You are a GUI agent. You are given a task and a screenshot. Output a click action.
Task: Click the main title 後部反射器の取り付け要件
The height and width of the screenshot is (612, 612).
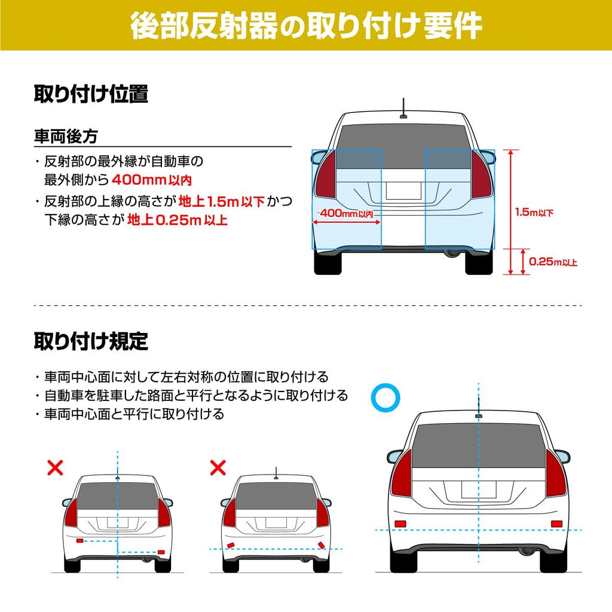pyautogui.click(x=306, y=25)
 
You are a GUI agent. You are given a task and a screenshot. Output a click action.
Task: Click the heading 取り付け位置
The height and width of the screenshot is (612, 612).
pyautogui.click(x=90, y=94)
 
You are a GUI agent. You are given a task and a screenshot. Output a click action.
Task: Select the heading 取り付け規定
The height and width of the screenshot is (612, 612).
pyautogui.click(x=90, y=341)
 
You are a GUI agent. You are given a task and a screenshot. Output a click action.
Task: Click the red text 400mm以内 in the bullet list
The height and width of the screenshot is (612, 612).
pyautogui.click(x=151, y=179)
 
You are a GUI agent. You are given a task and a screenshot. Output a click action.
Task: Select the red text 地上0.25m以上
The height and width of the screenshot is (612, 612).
pyautogui.click(x=178, y=220)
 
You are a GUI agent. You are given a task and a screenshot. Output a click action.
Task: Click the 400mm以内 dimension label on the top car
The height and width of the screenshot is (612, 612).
pyautogui.click(x=347, y=213)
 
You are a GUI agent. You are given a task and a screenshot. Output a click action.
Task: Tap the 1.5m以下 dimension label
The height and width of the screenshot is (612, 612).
pyautogui.click(x=534, y=212)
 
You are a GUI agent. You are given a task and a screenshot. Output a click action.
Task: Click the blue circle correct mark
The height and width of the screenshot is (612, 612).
pyautogui.click(x=384, y=397)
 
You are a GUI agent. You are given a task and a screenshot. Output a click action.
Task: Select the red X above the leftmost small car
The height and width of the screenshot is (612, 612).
pyautogui.click(x=55, y=467)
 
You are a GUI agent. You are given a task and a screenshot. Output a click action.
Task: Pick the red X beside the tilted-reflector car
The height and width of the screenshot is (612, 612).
pyautogui.click(x=218, y=467)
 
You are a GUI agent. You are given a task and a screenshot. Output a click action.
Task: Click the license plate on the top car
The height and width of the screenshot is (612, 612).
pyautogui.click(x=403, y=191)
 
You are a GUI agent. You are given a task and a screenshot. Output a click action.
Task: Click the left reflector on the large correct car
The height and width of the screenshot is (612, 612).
pyautogui.click(x=400, y=524)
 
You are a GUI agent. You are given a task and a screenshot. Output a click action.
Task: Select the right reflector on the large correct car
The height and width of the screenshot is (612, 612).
pyautogui.click(x=556, y=524)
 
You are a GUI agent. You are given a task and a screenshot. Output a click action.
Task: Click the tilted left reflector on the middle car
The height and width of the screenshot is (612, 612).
pyautogui.click(x=229, y=544)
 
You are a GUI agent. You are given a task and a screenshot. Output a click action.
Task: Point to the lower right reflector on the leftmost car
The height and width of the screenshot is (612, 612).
pyautogui.click(x=160, y=552)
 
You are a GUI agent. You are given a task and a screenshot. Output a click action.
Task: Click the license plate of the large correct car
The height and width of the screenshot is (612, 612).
pyautogui.click(x=478, y=489)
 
